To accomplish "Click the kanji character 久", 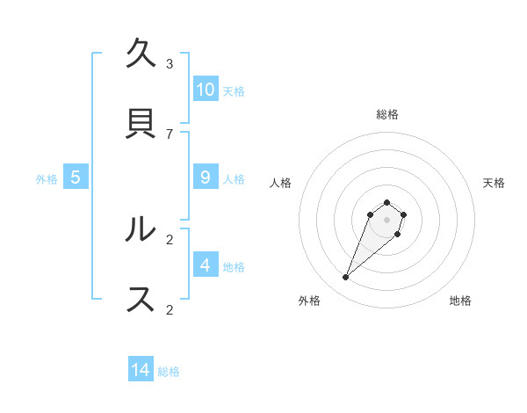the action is click(141, 54).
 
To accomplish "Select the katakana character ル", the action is click(141, 230).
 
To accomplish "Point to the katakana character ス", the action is click(141, 300).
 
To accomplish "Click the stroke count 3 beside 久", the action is click(170, 63).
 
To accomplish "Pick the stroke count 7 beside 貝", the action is click(170, 134).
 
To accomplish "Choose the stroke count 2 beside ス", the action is click(170, 309).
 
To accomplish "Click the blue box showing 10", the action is click(206, 90).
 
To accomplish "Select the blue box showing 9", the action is click(206, 178).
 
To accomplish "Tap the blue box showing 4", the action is click(206, 265).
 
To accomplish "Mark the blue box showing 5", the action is click(76, 178).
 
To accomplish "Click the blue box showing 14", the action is click(141, 370).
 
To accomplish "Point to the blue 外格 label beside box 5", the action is click(47, 179).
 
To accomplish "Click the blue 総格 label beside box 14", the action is click(169, 372).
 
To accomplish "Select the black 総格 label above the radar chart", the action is click(387, 114).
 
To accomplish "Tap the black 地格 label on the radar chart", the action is click(460, 301).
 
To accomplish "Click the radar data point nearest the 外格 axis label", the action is click(346, 278).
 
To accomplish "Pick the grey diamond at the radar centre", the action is click(386, 220).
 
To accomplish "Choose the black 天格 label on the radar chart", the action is click(494, 183).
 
